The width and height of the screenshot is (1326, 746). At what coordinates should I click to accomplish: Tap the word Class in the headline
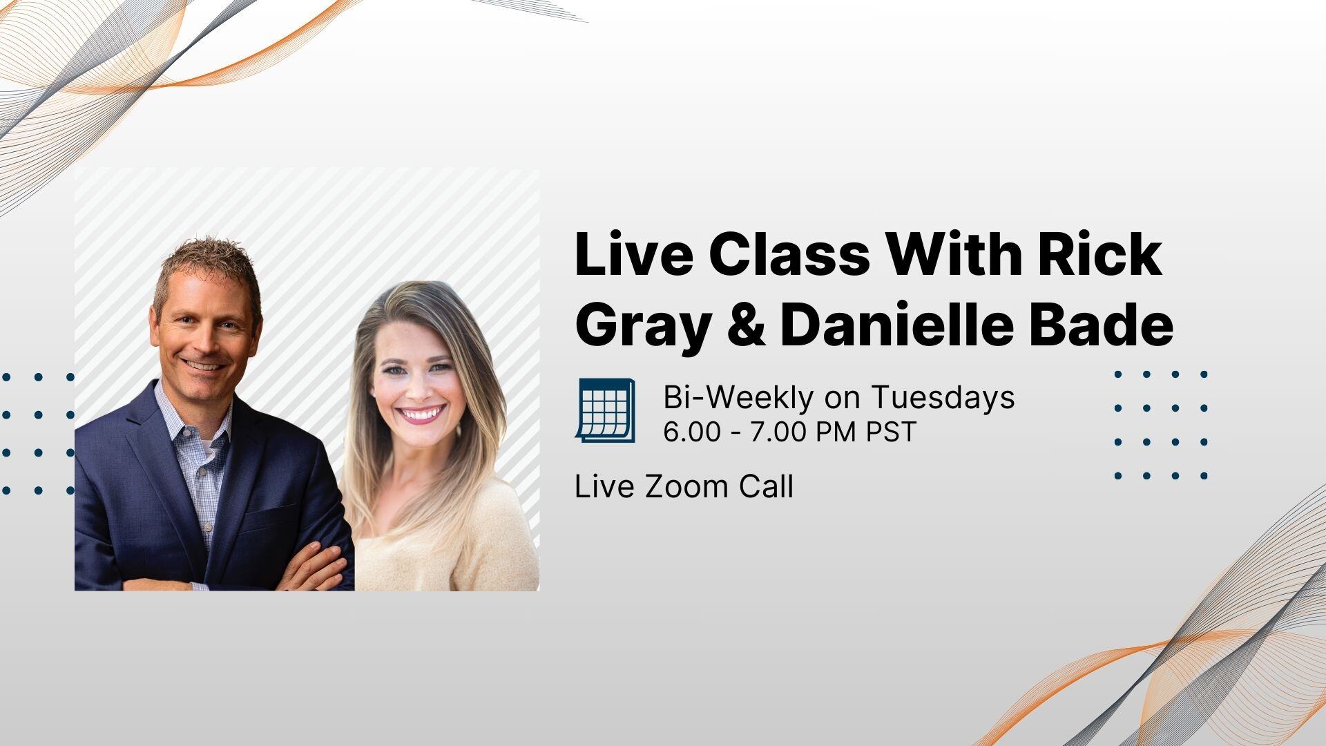tap(789, 256)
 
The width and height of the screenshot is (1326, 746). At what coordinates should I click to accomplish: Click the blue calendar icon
tap(605, 410)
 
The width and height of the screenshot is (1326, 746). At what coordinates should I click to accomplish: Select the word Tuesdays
tap(943, 397)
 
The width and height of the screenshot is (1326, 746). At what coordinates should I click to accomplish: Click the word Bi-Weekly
tap(738, 397)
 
